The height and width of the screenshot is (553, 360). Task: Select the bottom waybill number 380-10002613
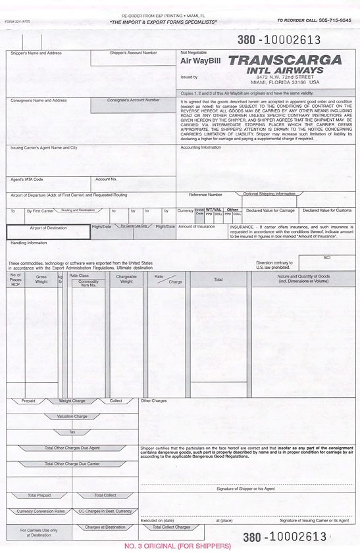click(284, 537)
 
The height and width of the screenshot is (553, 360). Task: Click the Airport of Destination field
click(48, 231)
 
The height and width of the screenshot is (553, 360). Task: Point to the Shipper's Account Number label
click(133, 53)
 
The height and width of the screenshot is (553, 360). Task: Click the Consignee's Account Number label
click(134, 101)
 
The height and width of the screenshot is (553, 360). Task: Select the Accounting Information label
click(201, 147)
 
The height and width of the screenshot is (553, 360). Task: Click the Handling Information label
click(28, 243)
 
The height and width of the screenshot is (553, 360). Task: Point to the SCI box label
click(326, 258)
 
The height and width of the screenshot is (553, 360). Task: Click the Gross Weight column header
click(41, 279)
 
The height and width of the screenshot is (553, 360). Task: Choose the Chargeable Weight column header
click(126, 279)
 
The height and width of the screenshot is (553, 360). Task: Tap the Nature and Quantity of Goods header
click(303, 279)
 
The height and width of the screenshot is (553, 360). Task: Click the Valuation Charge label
click(72, 416)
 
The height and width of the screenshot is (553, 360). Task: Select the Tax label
click(72, 432)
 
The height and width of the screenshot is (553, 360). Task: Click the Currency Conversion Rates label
click(41, 511)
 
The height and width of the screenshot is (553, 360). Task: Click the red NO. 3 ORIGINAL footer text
click(178, 546)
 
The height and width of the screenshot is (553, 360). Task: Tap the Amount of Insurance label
click(196, 226)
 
